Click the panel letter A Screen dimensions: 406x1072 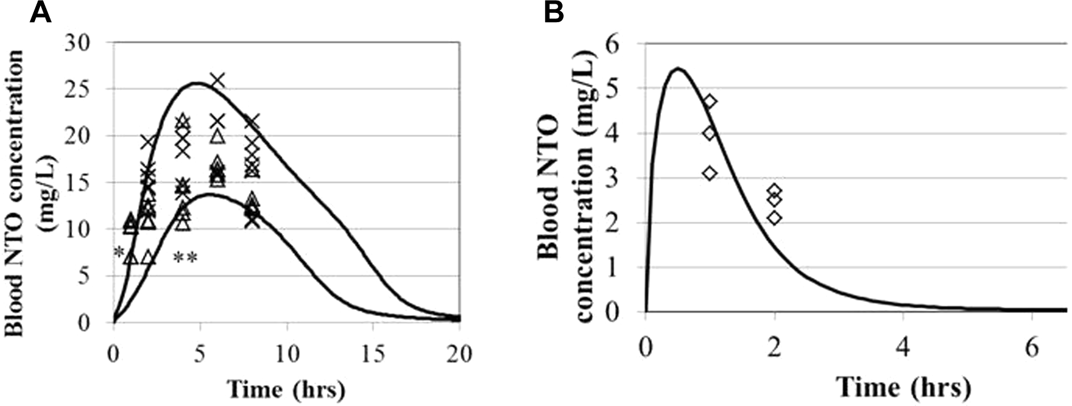(41, 12)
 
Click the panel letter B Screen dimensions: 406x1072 (553, 12)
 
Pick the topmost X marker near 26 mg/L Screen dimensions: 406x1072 (217, 81)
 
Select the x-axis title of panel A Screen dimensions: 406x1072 (286, 389)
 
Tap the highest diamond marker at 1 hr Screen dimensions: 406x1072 (710, 102)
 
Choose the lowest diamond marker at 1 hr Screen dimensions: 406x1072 (710, 173)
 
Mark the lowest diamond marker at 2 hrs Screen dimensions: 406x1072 (774, 217)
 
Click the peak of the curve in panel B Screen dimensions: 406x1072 (677, 68)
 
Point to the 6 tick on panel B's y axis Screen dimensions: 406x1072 (627, 44)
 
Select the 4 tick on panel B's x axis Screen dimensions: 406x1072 (903, 349)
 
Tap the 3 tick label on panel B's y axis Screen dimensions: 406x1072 (627, 179)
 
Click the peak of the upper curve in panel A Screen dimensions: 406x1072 (197, 83)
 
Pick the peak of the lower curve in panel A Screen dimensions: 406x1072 (209, 195)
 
